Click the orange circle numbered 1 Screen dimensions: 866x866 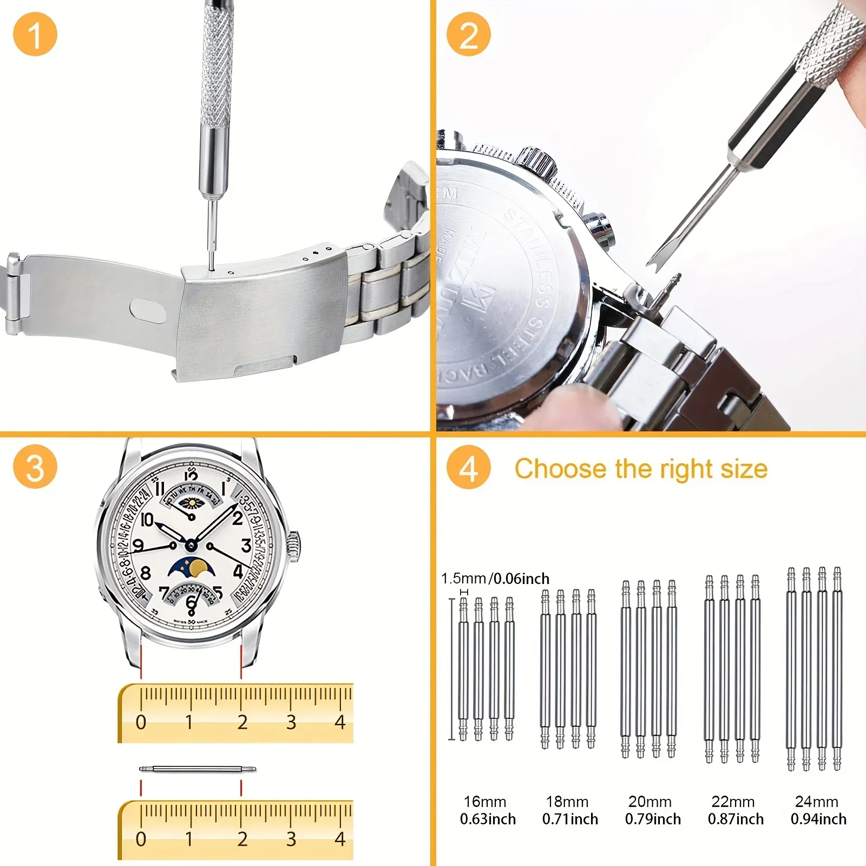coord(35,34)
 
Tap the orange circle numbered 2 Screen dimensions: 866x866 coord(469,34)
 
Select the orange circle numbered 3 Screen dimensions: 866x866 coord(35,467)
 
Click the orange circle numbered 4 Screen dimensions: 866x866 coord(469,467)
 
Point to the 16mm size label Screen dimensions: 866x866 coord(485,802)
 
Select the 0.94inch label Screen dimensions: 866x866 coord(818,819)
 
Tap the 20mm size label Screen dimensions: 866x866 coord(650,802)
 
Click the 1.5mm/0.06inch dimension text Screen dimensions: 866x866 coord(495,579)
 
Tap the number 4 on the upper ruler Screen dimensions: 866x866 coord(340,722)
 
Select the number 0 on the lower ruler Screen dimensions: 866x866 coord(141,839)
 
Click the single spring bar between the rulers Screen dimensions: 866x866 coord(198,769)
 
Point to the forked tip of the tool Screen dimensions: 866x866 coord(655,262)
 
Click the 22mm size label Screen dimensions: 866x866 coord(733,802)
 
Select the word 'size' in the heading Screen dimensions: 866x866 coord(744,469)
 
